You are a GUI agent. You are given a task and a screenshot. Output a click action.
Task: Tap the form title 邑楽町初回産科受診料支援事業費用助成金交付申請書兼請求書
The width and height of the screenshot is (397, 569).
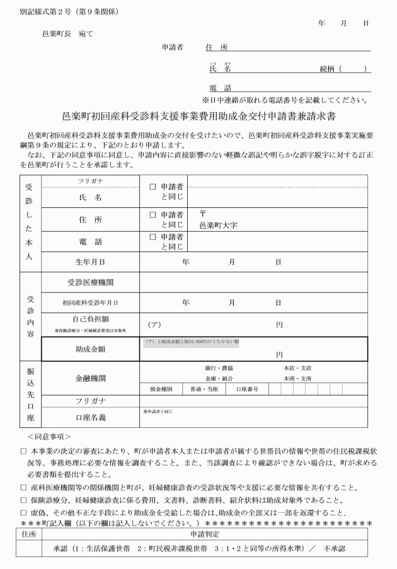click(198, 117)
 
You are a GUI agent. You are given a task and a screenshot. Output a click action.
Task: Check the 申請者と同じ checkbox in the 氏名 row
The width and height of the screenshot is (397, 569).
click(152, 187)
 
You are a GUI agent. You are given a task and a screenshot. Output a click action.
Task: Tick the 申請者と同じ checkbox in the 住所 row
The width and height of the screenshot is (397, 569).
click(152, 216)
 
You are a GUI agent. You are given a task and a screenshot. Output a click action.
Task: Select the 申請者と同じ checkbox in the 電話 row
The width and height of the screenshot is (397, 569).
click(152, 237)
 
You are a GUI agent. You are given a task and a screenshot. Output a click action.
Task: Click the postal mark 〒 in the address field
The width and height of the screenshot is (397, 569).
click(203, 214)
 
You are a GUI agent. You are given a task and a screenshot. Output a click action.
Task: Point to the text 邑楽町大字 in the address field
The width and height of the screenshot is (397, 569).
click(218, 225)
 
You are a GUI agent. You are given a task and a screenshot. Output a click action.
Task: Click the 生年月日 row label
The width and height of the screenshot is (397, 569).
click(89, 261)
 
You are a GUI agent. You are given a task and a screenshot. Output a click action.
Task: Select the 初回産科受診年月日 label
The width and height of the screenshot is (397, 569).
click(89, 302)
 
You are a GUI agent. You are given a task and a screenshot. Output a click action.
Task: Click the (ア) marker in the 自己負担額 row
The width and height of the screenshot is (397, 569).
click(154, 325)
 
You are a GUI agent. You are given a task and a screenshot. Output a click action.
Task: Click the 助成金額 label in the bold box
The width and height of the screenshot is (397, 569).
click(89, 348)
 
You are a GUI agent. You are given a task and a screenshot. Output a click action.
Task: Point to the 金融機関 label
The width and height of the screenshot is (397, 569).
click(89, 378)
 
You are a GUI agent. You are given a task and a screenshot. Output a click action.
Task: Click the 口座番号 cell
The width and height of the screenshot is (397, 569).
click(246, 389)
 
